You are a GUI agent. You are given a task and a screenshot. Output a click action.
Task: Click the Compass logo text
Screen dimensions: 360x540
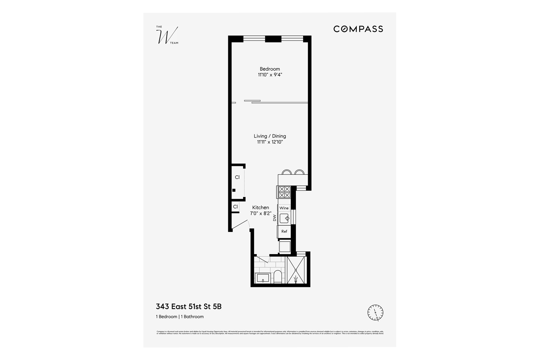point(358,29)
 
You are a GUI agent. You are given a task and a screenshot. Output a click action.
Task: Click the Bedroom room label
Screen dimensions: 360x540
point(270,69)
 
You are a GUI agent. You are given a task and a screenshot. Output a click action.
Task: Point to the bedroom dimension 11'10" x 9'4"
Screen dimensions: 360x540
point(270,75)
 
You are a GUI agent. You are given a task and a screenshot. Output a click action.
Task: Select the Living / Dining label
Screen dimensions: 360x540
point(270,136)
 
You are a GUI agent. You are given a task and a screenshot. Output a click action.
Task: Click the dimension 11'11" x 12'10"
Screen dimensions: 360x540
point(270,142)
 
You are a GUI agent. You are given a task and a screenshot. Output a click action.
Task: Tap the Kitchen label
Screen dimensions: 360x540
point(260,207)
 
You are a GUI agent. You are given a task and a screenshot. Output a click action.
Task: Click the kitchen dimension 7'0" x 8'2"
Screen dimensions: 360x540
point(260,213)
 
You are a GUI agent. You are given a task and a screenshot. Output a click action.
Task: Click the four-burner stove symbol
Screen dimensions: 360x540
point(284,192)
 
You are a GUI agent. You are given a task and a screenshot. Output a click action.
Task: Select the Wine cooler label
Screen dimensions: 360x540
point(284,208)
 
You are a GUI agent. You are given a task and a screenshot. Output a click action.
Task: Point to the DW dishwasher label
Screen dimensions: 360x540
point(274,218)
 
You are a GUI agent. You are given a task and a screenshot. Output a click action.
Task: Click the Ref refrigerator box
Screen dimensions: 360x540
point(284,231)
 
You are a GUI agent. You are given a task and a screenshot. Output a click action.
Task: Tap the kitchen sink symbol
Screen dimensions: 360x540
point(285,218)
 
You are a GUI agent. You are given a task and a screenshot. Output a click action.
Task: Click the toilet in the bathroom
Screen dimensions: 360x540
point(278,277)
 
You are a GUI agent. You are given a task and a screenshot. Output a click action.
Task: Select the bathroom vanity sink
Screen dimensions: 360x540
point(263,278)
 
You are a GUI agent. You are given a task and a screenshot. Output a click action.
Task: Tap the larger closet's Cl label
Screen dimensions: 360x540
point(237,177)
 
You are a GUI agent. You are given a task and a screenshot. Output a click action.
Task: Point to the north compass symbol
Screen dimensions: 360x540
point(375,312)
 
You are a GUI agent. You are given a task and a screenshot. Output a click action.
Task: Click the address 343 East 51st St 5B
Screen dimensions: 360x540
point(188,307)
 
